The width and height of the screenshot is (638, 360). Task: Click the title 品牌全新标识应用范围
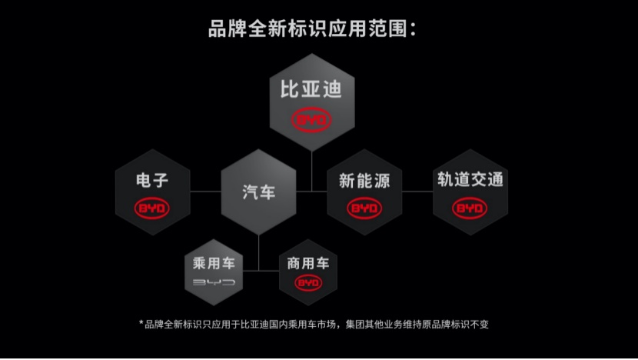tap(308, 29)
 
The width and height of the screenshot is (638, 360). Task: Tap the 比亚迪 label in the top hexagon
tap(311, 89)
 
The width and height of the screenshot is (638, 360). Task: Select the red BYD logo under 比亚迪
tap(311, 120)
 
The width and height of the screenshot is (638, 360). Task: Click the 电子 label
tap(152, 180)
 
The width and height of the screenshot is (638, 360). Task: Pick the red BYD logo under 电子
tap(151, 208)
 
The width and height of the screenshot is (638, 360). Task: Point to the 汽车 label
tap(259, 192)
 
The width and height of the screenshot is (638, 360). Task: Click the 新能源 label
tap(364, 181)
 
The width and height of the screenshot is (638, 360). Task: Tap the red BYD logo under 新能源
tap(364, 208)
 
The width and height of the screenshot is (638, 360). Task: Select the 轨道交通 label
tap(470, 179)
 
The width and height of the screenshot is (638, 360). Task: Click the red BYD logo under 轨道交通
tap(470, 208)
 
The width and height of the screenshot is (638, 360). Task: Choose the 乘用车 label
tap(214, 264)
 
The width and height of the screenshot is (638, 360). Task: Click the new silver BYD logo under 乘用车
tap(214, 282)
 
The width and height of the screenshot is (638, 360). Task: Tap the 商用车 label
tap(308, 264)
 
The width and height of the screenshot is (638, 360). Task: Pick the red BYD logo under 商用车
tap(308, 283)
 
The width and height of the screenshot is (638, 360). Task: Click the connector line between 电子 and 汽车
tap(205, 192)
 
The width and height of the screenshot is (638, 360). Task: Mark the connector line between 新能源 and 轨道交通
tap(417, 192)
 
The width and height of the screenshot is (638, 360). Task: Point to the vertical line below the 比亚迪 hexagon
tap(311, 171)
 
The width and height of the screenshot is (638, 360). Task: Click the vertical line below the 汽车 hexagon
tap(259, 252)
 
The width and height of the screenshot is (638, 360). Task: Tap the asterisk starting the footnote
tap(141, 323)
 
